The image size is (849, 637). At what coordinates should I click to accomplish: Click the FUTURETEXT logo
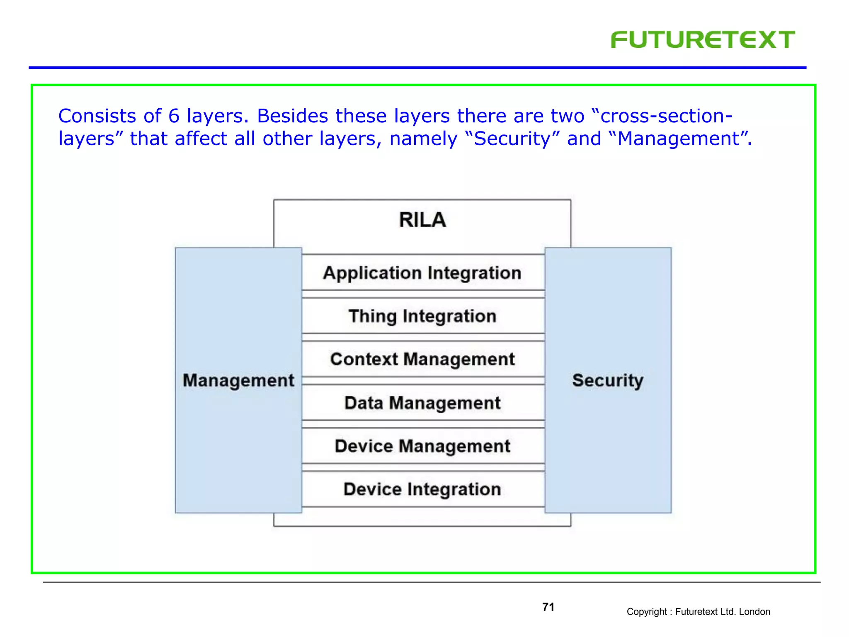pos(703,40)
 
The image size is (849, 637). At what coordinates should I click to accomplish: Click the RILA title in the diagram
pos(422,220)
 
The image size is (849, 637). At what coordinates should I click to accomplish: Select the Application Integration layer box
pos(422,273)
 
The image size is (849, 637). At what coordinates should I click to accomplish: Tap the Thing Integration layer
pos(422,316)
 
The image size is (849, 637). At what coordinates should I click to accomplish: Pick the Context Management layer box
pos(422,359)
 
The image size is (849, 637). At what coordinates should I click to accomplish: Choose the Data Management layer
pos(422,403)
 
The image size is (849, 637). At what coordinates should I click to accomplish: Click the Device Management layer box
pos(422,446)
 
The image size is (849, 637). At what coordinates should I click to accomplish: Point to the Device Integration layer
pos(422,489)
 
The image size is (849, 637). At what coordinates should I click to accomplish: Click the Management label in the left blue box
pos(238,380)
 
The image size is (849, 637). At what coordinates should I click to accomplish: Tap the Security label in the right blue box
pos(608,380)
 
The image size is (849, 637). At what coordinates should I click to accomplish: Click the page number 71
pos(548,607)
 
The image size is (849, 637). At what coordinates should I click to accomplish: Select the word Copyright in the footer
pos(646,612)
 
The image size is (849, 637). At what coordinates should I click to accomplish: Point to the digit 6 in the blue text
pos(174,116)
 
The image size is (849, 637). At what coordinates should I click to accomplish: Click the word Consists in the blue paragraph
pos(97,116)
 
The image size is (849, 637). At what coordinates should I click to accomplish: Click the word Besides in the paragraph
pos(293,116)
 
